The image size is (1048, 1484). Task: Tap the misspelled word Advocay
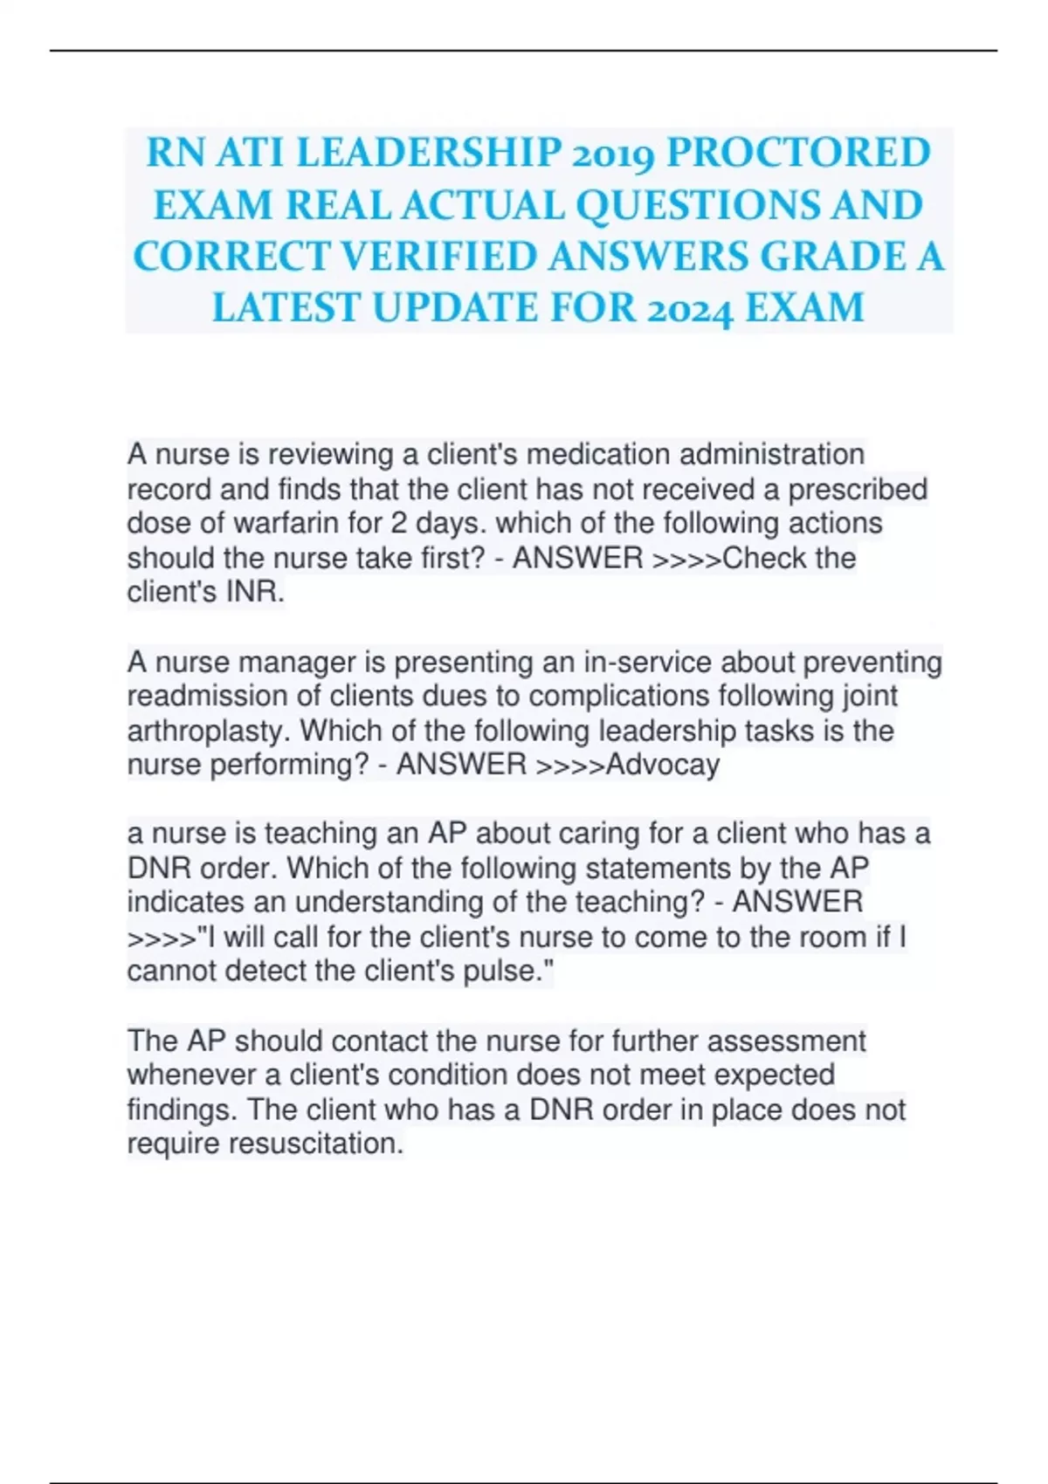[x=663, y=765]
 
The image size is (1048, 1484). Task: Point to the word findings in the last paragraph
[x=183, y=1110]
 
